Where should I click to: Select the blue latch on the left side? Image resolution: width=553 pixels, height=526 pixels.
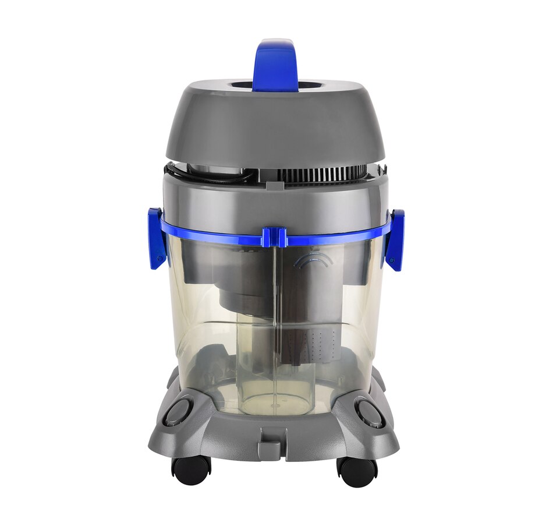coord(155,238)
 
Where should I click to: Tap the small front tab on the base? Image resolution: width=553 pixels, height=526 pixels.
coord(273,438)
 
